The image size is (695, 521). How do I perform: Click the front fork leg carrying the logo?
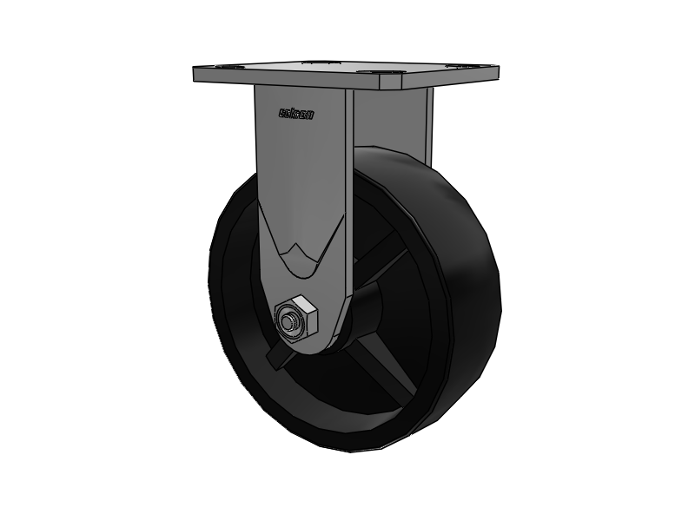(300, 174)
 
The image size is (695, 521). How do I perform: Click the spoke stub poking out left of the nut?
(275, 357)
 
